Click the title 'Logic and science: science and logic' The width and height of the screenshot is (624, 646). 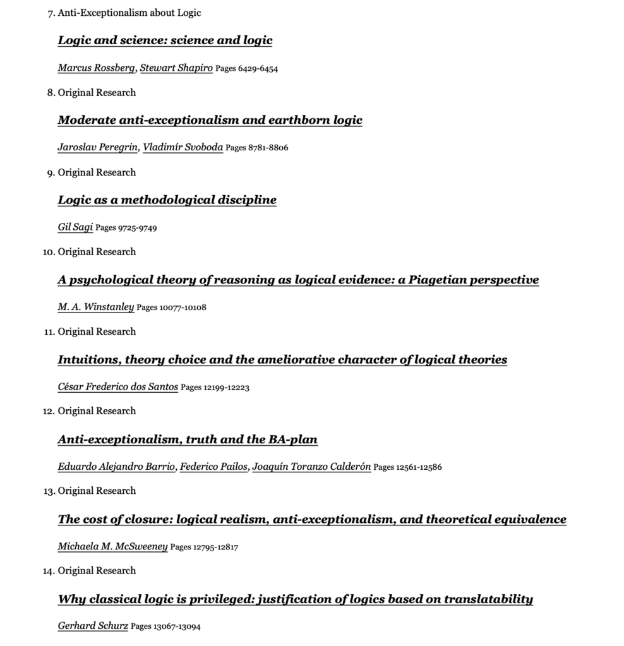[165, 40]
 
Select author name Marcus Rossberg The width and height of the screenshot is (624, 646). [96, 68]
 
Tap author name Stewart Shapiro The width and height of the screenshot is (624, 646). [176, 68]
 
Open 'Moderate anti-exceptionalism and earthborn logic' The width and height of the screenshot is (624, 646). [210, 120]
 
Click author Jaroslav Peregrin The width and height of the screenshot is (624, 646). [97, 148]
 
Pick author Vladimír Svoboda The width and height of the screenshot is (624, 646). [183, 148]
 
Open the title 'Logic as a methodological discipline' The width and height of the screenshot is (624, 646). [167, 200]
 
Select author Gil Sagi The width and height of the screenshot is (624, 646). [75, 227]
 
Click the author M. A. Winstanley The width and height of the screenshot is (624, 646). [96, 307]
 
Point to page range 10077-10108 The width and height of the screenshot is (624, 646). [171, 308]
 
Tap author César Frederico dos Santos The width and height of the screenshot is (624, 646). [118, 387]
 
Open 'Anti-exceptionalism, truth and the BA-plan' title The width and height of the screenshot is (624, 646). [188, 440]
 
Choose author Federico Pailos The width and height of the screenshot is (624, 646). [213, 467]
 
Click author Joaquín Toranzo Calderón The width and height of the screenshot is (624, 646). [311, 467]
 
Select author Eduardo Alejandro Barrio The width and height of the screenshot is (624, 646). [116, 467]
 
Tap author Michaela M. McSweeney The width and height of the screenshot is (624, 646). [112, 546]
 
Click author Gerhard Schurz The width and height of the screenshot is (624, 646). [93, 626]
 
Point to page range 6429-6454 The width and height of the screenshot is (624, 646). [246, 69]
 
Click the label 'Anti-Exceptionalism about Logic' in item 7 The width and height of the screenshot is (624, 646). [129, 13]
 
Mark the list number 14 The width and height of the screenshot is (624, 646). [49, 571]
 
